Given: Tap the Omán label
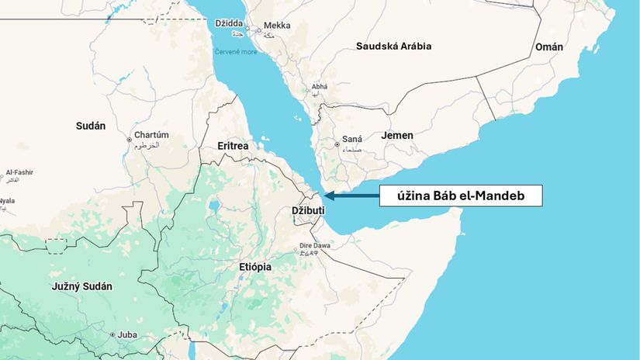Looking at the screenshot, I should tap(548, 47).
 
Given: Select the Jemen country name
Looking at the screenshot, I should tap(397, 136).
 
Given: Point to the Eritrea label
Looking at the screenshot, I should tap(233, 146).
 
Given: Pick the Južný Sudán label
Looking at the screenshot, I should tap(81, 286).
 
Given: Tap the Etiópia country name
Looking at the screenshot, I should tap(255, 267).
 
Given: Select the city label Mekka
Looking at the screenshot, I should tap(277, 26).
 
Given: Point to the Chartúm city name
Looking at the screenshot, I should tap(151, 134).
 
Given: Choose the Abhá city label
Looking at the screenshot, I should tap(320, 86).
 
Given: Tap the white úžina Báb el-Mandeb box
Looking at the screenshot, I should tap(461, 196).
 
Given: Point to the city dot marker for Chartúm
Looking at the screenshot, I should tap(129, 140).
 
